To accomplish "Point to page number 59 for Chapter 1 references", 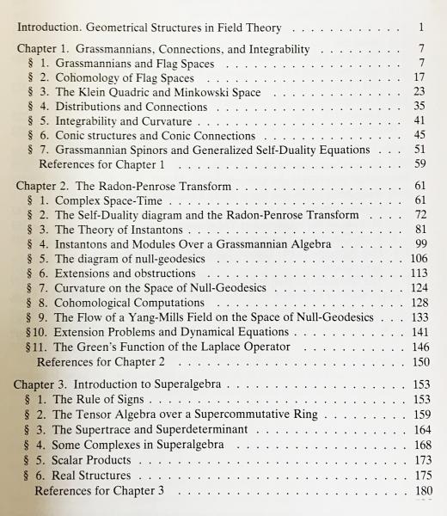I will point(419,163).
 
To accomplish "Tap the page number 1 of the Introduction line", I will point(423,28).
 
